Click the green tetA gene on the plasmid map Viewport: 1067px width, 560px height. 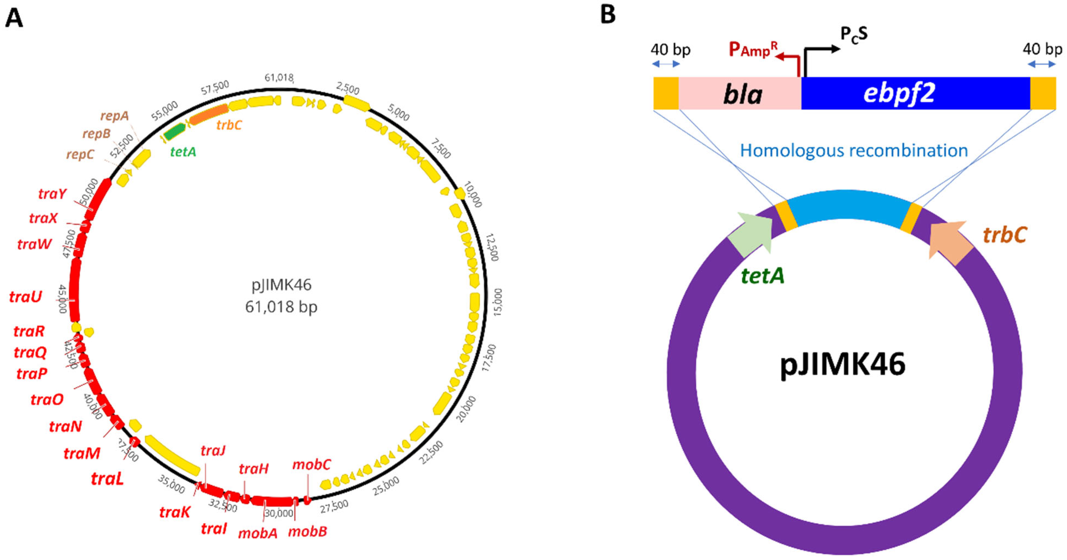tap(174, 132)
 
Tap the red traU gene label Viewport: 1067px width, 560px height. tap(26, 297)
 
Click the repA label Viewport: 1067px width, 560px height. tap(114, 116)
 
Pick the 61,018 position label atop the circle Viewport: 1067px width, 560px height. tap(279, 77)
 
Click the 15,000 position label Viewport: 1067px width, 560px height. tap(497, 302)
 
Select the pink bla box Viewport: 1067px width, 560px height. tap(740, 94)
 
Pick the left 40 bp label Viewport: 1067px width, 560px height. tap(670, 50)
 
